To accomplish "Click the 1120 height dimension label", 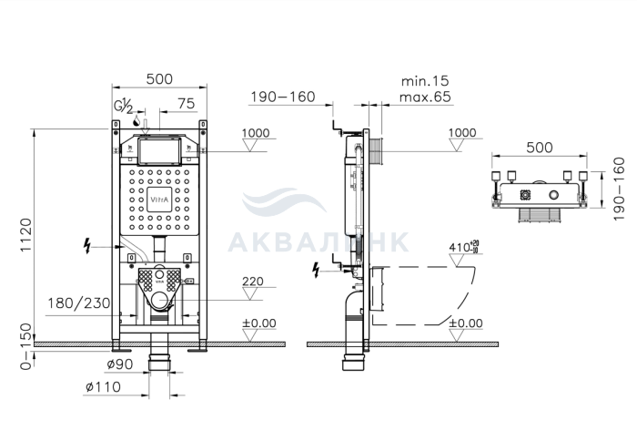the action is coord(25,235).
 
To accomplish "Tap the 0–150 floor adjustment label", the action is coord(25,346).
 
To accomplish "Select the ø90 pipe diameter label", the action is coord(120,364).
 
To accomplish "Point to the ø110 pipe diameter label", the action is coord(103,386).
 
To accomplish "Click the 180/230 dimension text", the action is coord(79,303).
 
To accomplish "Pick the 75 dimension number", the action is coord(186,104).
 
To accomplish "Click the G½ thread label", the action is coord(123,107).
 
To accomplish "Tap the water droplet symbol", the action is coord(136,121).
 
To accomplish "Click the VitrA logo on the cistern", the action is coord(159,200).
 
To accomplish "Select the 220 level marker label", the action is coord(253,282).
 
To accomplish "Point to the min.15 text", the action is coord(425,81).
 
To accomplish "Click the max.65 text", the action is coord(425,97).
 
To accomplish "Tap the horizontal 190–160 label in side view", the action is coord(283,97).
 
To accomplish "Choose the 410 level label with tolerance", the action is coord(464,247).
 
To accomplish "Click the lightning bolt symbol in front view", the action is coord(86,246).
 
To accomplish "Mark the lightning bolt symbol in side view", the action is coord(316,270).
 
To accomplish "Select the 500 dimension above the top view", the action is coord(540,148).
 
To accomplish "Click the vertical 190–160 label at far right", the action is coord(619,190).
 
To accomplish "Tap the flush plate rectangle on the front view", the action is coord(159,150).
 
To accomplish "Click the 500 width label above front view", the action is coord(159,79).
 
